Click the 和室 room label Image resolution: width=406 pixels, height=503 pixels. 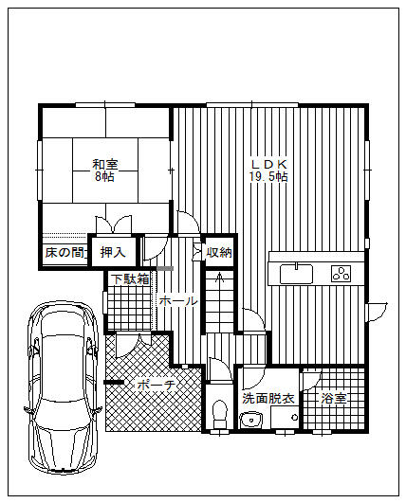(105, 165)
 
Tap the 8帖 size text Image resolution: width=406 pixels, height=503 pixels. (104, 177)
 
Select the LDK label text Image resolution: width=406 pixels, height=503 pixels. (268, 165)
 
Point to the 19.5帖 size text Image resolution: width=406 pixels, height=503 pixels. (268, 177)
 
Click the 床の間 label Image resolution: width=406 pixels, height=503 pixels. (65, 253)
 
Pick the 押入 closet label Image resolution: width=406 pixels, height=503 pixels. (113, 253)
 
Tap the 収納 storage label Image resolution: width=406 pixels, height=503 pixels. (219, 253)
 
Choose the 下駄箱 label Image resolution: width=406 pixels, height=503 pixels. (130, 279)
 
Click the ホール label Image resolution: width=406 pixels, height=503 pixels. (178, 301)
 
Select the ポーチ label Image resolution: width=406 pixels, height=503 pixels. (157, 385)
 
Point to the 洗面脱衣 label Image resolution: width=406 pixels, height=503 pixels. (268, 398)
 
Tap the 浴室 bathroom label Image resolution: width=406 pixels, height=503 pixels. (334, 398)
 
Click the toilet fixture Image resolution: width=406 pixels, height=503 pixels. (220, 414)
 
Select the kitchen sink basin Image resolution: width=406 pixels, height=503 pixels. (296, 274)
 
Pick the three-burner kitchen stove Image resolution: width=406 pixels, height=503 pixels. (341, 274)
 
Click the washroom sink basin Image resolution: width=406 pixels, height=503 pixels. (251, 420)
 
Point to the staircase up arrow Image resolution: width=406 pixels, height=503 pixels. (220, 278)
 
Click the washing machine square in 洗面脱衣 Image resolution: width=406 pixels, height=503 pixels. (285, 417)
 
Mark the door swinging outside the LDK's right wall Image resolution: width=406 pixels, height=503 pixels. (378, 311)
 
